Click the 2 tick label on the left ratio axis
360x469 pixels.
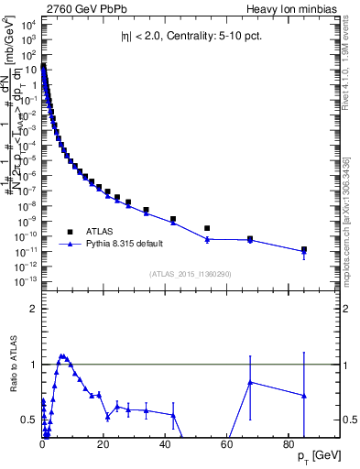[34, 310]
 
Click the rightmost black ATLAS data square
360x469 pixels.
[303, 249]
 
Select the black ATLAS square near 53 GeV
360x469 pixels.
[207, 228]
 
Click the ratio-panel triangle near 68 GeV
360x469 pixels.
[250, 382]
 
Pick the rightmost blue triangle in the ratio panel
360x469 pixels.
[303, 396]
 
